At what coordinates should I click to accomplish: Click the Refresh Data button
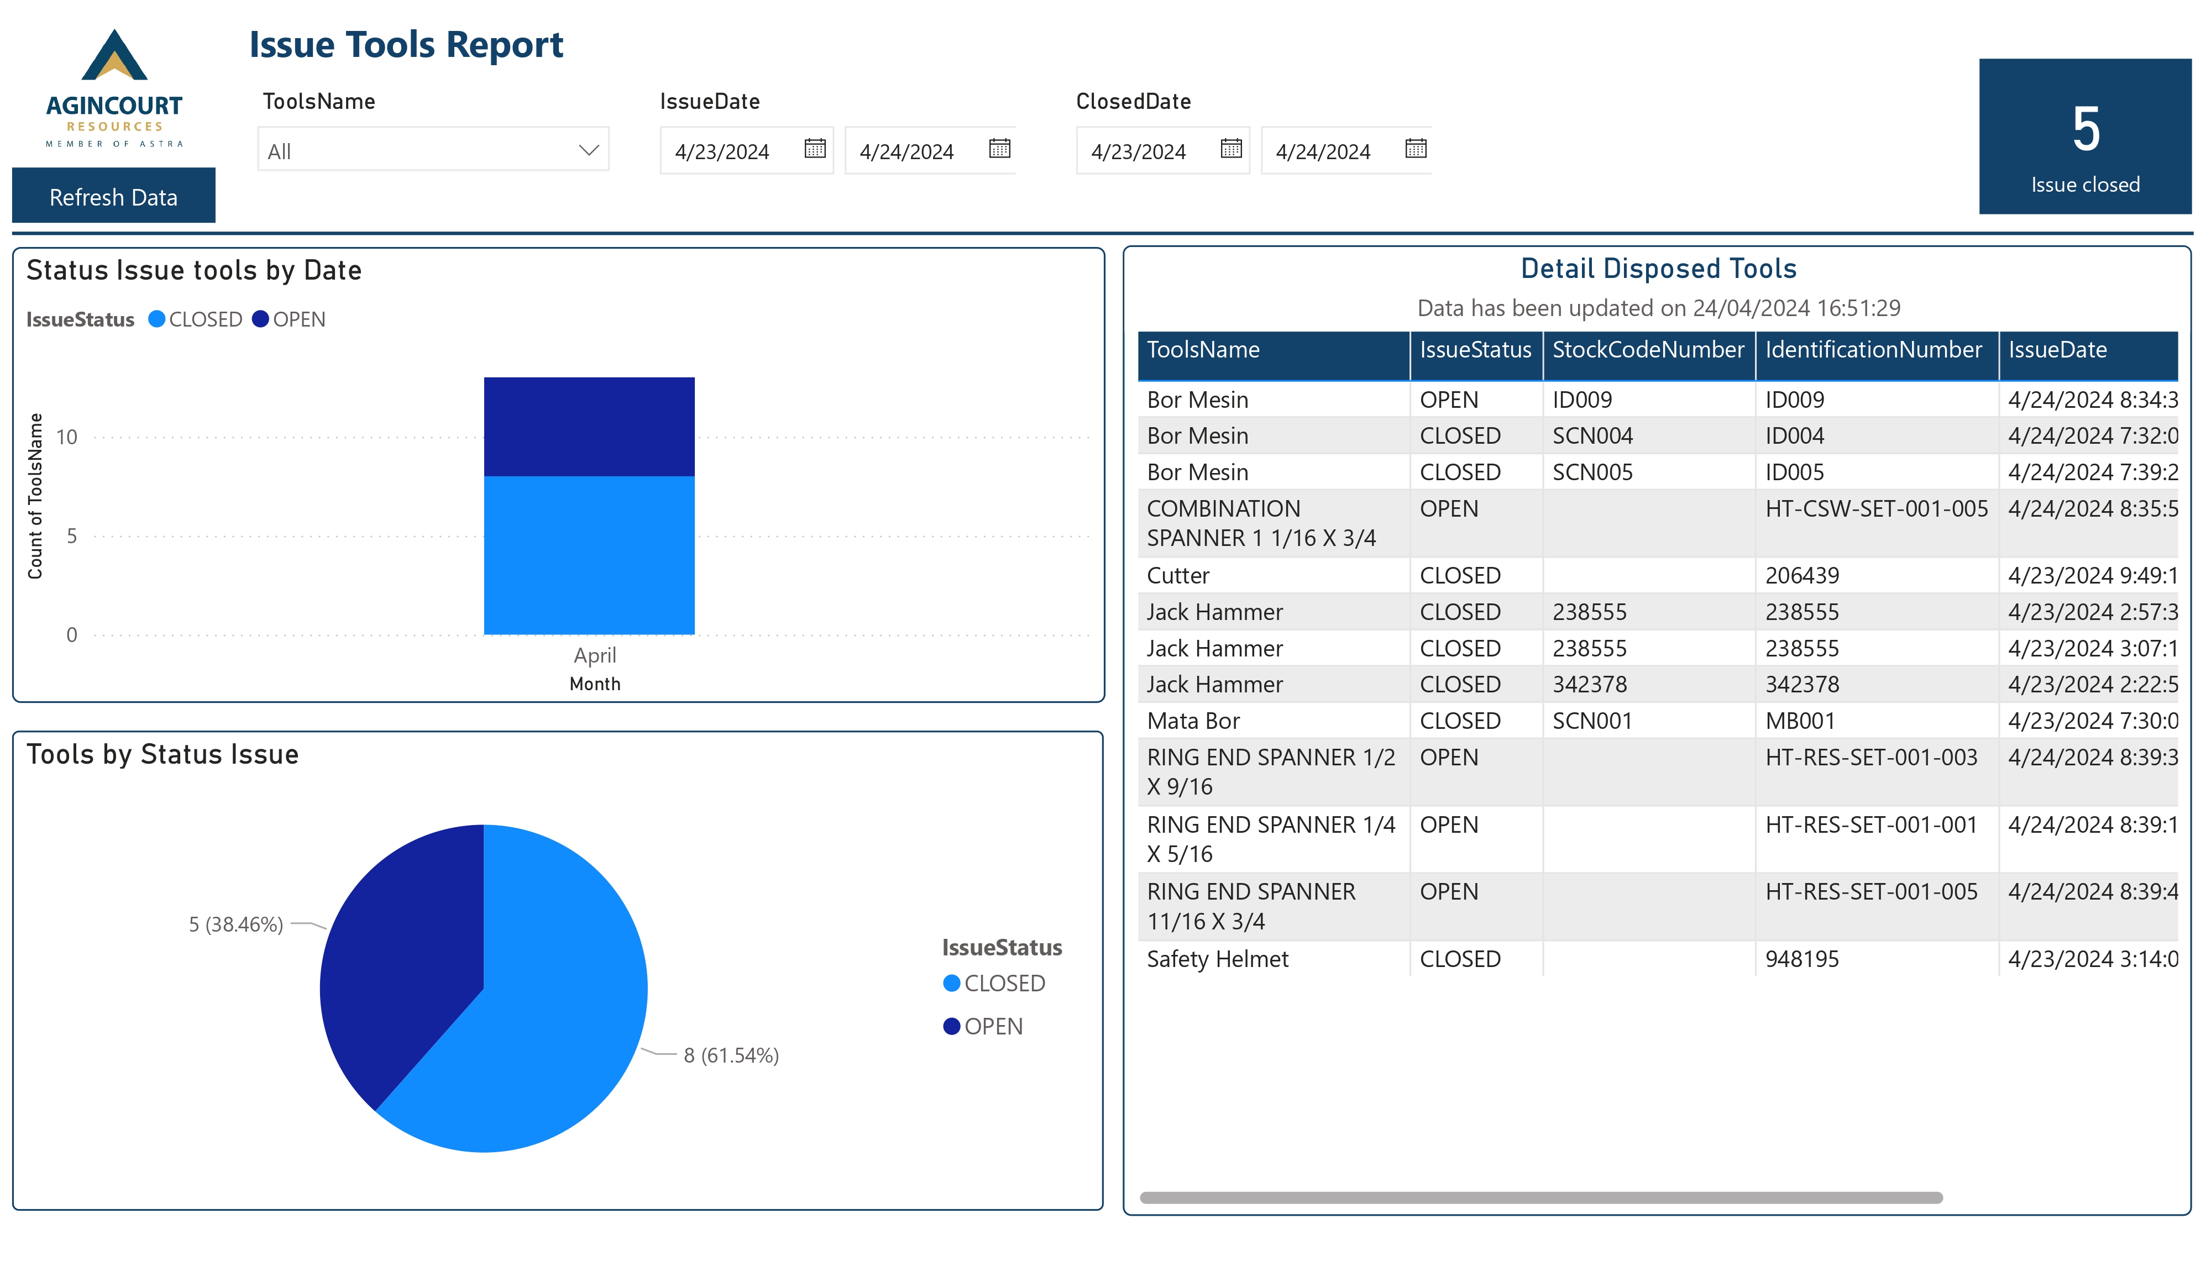pos(113,197)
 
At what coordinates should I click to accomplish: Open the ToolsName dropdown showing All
pos(432,151)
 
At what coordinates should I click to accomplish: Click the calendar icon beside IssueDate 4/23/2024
pos(814,149)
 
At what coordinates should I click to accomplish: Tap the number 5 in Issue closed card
pos(2084,130)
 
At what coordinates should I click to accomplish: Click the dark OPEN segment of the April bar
pos(589,426)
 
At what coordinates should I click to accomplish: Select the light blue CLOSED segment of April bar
pos(589,554)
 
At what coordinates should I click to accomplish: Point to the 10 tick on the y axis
pos(67,437)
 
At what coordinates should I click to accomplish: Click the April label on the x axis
pos(595,655)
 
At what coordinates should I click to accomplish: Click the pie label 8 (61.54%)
pos(731,1055)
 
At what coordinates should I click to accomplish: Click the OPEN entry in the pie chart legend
pos(993,1026)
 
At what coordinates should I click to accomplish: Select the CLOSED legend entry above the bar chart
pos(205,319)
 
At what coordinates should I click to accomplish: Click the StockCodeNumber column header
pos(1647,350)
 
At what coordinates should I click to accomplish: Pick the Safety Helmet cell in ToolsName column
pos(1217,959)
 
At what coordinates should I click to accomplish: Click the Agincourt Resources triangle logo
pos(114,56)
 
